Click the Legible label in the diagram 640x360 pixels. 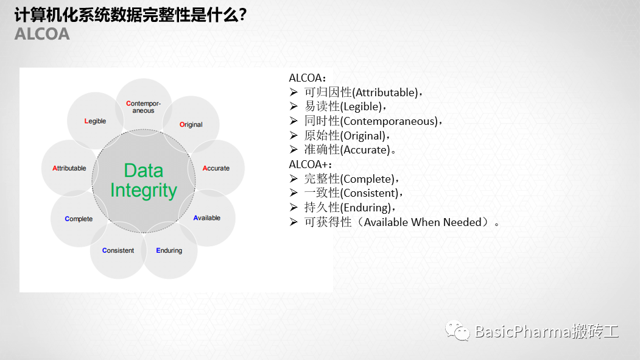(95, 121)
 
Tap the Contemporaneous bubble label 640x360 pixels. (143, 107)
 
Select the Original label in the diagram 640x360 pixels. (191, 124)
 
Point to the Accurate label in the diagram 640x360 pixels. (216, 168)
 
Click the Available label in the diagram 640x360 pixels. (206, 218)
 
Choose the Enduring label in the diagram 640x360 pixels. (169, 250)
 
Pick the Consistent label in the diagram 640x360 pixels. (118, 250)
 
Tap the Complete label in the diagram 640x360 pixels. (79, 219)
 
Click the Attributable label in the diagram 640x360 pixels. (69, 168)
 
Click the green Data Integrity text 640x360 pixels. (144, 181)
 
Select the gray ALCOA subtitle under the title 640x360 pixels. (42, 34)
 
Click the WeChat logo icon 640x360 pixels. (457, 331)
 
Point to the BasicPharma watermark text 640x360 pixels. (547, 331)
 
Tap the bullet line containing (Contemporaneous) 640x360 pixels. (366, 121)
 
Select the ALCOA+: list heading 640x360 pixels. (310, 164)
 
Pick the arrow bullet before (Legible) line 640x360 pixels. (294, 106)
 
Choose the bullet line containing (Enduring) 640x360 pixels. (342, 207)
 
